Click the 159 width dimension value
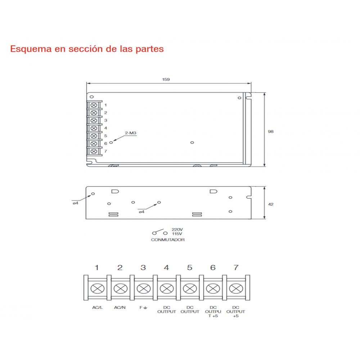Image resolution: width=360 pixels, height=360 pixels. coord(166,80)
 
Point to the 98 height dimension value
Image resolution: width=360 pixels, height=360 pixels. coord(271,131)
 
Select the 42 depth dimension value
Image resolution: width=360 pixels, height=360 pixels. coord(271,204)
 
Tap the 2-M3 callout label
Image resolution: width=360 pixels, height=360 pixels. coord(131,133)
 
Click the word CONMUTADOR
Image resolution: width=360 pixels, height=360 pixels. coord(168,240)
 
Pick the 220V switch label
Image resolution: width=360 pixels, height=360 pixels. coord(177,230)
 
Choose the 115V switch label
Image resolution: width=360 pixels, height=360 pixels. coord(177,234)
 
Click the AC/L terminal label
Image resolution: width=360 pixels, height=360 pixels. coord(97,307)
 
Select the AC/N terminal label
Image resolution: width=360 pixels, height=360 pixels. coord(120,307)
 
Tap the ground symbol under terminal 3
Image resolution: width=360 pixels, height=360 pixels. coord(145,308)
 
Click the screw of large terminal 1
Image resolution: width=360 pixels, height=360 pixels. coord(98,289)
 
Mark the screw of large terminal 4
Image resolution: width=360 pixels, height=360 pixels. coord(167,289)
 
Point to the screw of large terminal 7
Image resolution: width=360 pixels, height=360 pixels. coord(236,289)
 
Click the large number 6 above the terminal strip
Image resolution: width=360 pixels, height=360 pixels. coord(213,267)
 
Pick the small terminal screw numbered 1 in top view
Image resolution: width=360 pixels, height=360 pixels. coord(94,105)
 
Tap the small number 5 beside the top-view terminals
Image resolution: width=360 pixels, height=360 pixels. coord(105,136)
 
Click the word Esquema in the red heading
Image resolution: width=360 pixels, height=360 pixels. coord(31,49)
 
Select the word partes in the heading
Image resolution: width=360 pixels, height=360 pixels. coord(149,49)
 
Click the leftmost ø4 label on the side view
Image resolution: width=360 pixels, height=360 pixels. coord(76,203)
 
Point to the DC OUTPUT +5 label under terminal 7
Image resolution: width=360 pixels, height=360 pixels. coord(236,311)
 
